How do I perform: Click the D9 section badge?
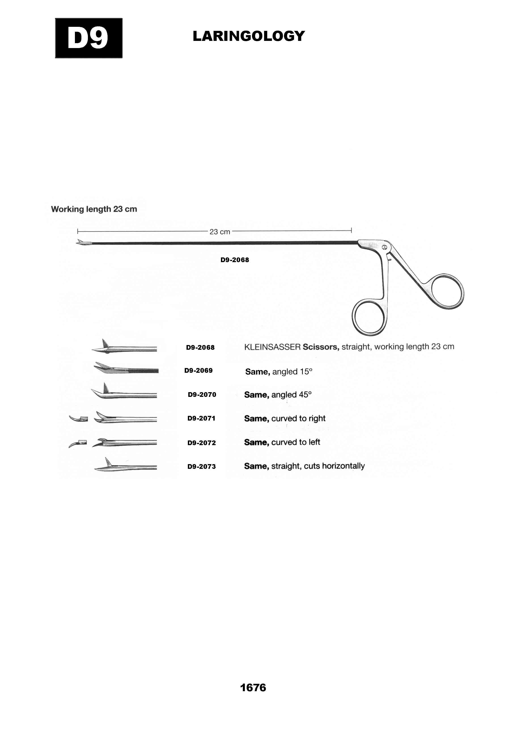coord(89,38)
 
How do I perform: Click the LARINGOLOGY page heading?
coord(249,36)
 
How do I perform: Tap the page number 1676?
coord(253,688)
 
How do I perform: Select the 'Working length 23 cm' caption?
coord(94,209)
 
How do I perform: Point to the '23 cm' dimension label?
coord(220,232)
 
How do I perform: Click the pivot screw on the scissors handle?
coord(384,247)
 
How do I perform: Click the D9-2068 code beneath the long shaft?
coord(235,260)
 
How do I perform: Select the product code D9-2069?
coord(198,371)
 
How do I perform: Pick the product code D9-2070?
coord(202,395)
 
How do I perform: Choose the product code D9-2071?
coord(201,418)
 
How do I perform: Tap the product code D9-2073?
coord(202,467)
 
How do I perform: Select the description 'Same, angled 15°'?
coord(279,372)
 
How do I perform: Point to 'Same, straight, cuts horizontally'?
coord(304,466)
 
